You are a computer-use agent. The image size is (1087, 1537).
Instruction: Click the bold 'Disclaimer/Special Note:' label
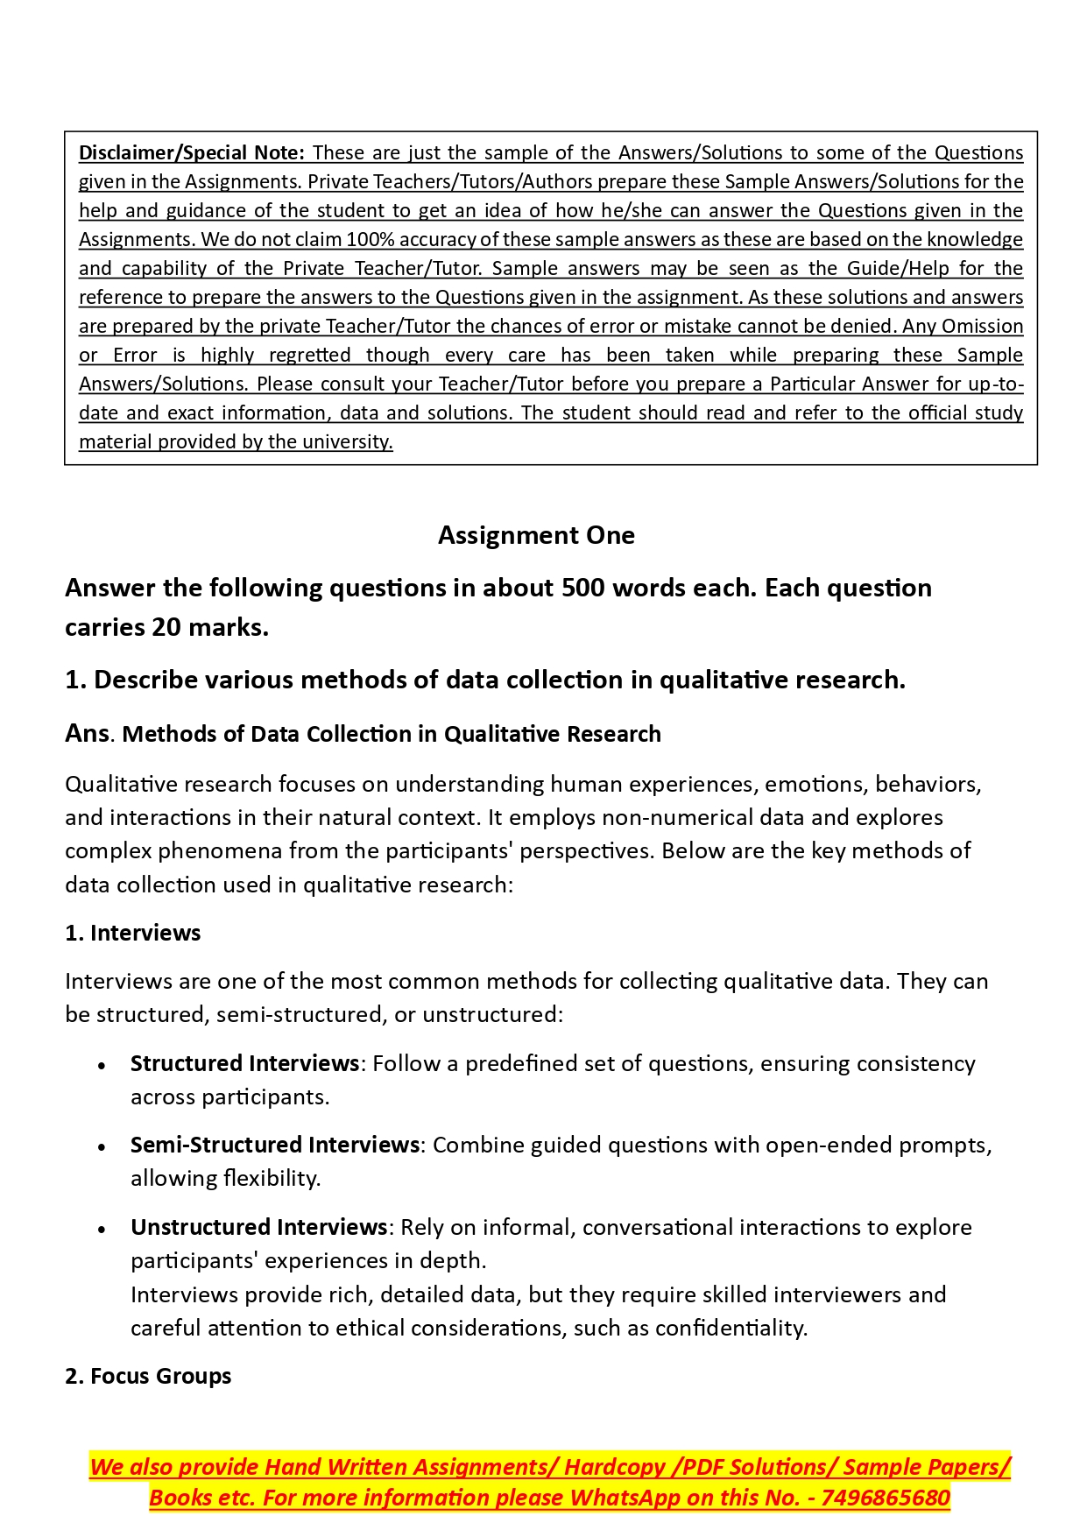(x=191, y=153)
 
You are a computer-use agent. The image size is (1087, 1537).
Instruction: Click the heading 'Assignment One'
(x=536, y=535)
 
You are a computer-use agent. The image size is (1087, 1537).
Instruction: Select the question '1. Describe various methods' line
(x=484, y=680)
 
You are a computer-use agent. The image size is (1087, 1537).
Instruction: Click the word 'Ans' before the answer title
(x=87, y=733)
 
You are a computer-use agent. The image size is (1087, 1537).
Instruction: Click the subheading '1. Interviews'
(x=132, y=933)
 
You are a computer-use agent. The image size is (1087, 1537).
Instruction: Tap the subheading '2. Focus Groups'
(x=148, y=1376)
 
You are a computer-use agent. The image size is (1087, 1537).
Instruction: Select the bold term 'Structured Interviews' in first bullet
(x=244, y=1063)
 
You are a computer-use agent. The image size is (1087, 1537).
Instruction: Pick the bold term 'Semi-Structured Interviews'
(x=274, y=1145)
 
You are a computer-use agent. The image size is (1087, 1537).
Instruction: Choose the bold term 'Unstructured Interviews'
(x=258, y=1227)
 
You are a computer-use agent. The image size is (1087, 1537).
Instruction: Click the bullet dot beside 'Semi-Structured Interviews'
(x=102, y=1146)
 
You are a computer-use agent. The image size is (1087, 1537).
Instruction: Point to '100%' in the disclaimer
(x=368, y=240)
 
